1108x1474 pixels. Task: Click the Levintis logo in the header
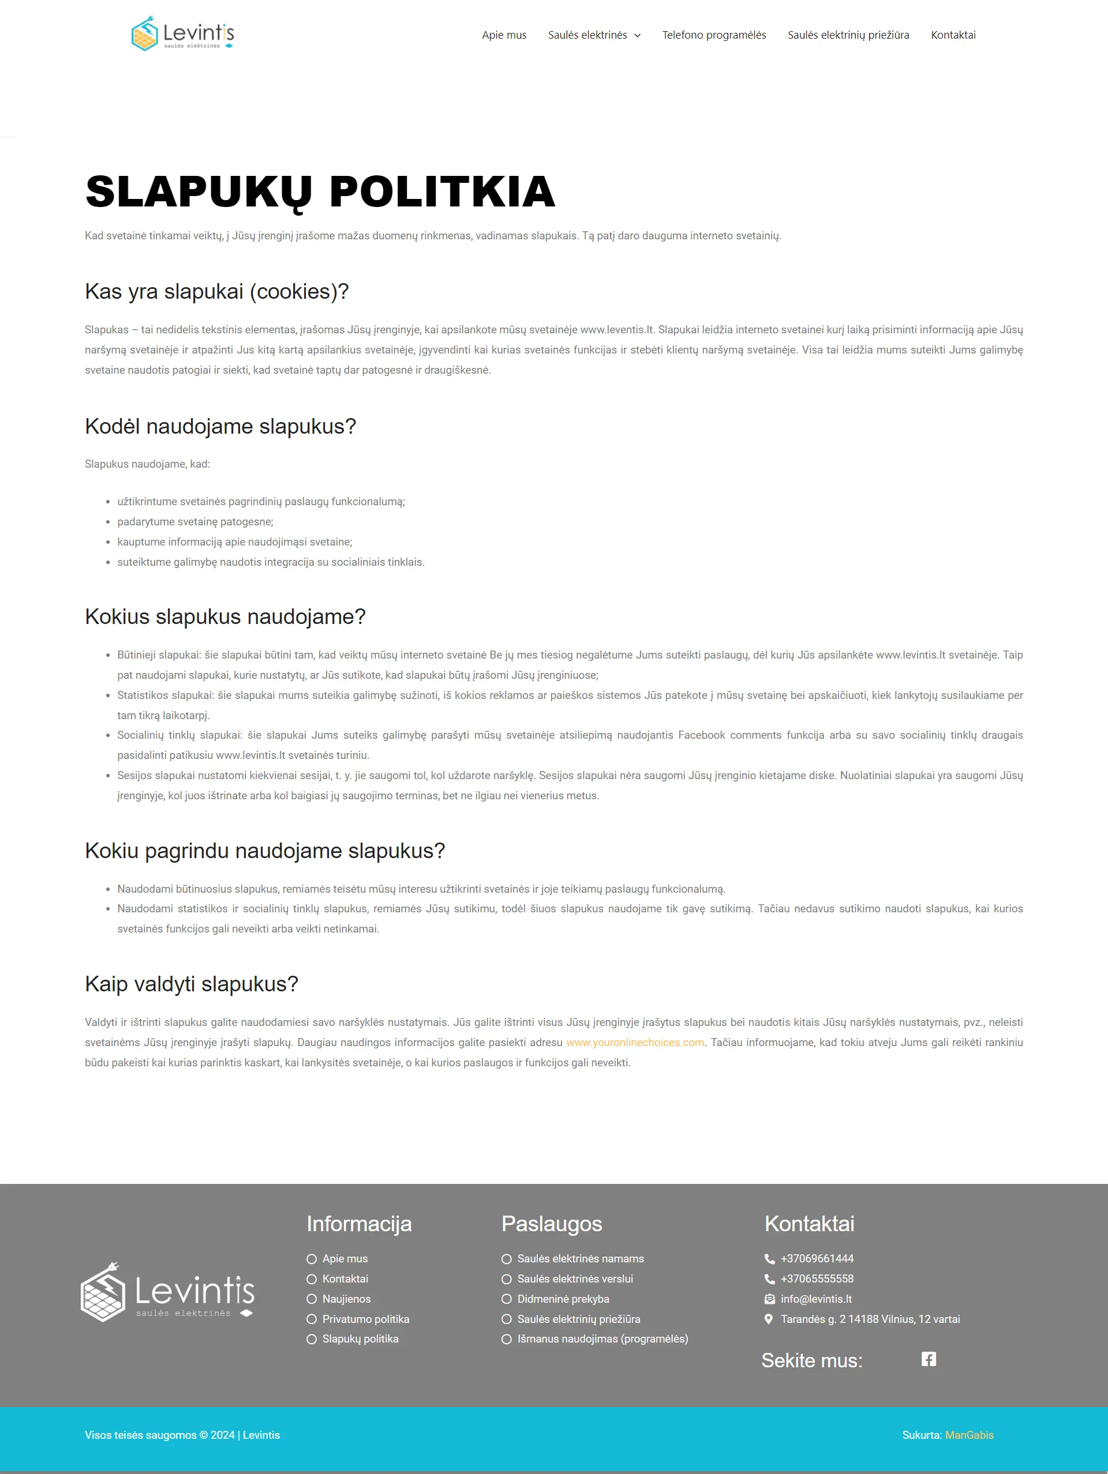(183, 33)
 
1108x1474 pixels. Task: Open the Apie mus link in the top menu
(504, 35)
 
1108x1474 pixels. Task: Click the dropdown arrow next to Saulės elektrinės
(637, 35)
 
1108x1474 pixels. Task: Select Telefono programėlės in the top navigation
(714, 35)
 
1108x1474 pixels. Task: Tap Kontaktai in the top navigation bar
(953, 35)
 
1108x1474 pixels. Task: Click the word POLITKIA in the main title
(442, 192)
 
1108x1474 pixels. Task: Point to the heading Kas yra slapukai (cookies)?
(216, 291)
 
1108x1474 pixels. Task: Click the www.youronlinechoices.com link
(635, 1042)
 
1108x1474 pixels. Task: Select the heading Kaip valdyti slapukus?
(192, 984)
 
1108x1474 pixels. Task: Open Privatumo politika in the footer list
(365, 1319)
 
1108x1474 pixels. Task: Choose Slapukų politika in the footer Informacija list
(360, 1338)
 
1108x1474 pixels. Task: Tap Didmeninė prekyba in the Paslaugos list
(563, 1299)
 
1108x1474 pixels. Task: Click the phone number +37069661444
(817, 1258)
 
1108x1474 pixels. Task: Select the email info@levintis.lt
(816, 1299)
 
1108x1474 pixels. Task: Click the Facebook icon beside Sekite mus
(928, 1359)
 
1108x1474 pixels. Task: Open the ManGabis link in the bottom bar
(969, 1435)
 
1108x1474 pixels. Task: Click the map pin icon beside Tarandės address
(769, 1319)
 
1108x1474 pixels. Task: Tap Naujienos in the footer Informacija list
(346, 1299)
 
